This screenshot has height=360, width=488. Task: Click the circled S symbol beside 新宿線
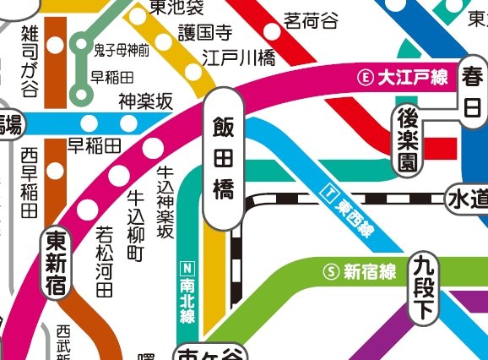click(332, 272)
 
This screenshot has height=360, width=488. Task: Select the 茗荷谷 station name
click(309, 19)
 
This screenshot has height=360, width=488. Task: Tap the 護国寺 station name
click(204, 34)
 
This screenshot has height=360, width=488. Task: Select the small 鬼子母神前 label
click(122, 50)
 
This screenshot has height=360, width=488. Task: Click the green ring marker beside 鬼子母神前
click(82, 42)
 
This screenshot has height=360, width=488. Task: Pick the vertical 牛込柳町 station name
click(135, 222)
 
